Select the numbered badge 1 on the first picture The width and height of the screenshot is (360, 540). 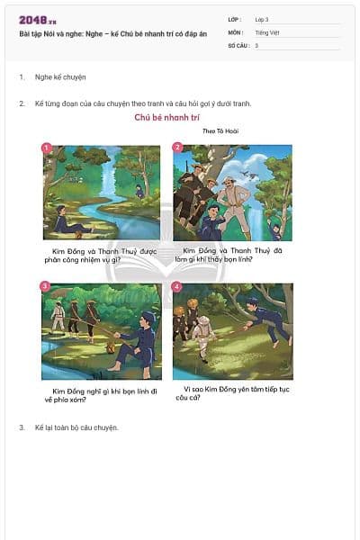[47, 147]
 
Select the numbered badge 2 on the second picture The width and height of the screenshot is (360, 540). [177, 147]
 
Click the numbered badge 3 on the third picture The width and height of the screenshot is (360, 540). [45, 285]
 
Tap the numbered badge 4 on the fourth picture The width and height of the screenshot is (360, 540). [177, 286]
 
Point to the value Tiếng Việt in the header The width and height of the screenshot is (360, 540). [267, 31]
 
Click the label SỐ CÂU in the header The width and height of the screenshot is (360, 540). [238, 45]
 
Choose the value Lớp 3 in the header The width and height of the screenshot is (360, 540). [262, 19]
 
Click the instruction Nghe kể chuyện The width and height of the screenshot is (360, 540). [60, 77]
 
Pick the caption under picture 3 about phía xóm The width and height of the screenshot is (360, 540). [101, 394]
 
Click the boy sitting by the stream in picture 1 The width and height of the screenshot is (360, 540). [65, 219]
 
